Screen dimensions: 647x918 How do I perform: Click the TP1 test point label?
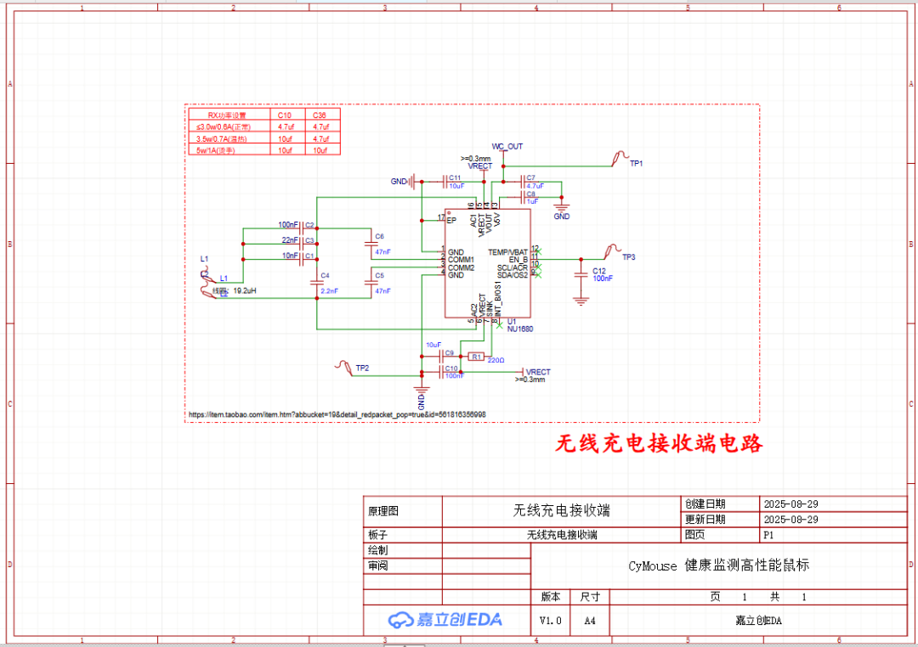pyautogui.click(x=636, y=163)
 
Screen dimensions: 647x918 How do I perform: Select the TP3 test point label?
pyautogui.click(x=628, y=257)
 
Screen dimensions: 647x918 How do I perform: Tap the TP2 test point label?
pyautogui.click(x=362, y=368)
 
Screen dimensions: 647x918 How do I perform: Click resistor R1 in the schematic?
pyautogui.click(x=476, y=357)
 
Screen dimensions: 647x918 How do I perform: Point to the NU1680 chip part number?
pyautogui.click(x=519, y=329)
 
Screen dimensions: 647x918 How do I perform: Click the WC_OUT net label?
pyautogui.click(x=507, y=147)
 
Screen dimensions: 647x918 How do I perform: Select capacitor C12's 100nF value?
pyautogui.click(x=603, y=278)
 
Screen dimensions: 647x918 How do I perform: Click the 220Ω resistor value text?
pyautogui.click(x=496, y=360)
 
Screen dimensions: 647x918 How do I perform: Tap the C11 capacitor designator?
pyautogui.click(x=456, y=177)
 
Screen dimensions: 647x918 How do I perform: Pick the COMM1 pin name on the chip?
pyautogui.click(x=462, y=260)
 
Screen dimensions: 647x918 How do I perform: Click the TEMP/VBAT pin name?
pyautogui.click(x=508, y=252)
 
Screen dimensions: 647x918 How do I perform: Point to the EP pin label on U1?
pyautogui.click(x=451, y=221)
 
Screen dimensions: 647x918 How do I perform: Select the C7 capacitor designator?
pyautogui.click(x=531, y=177)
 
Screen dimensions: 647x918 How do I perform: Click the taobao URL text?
pyautogui.click(x=337, y=414)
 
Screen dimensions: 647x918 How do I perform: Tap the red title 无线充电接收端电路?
pyautogui.click(x=659, y=443)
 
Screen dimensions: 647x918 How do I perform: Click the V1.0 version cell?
pyautogui.click(x=551, y=621)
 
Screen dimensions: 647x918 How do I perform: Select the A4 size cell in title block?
pyautogui.click(x=590, y=621)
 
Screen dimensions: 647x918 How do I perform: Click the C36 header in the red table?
pyautogui.click(x=320, y=115)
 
